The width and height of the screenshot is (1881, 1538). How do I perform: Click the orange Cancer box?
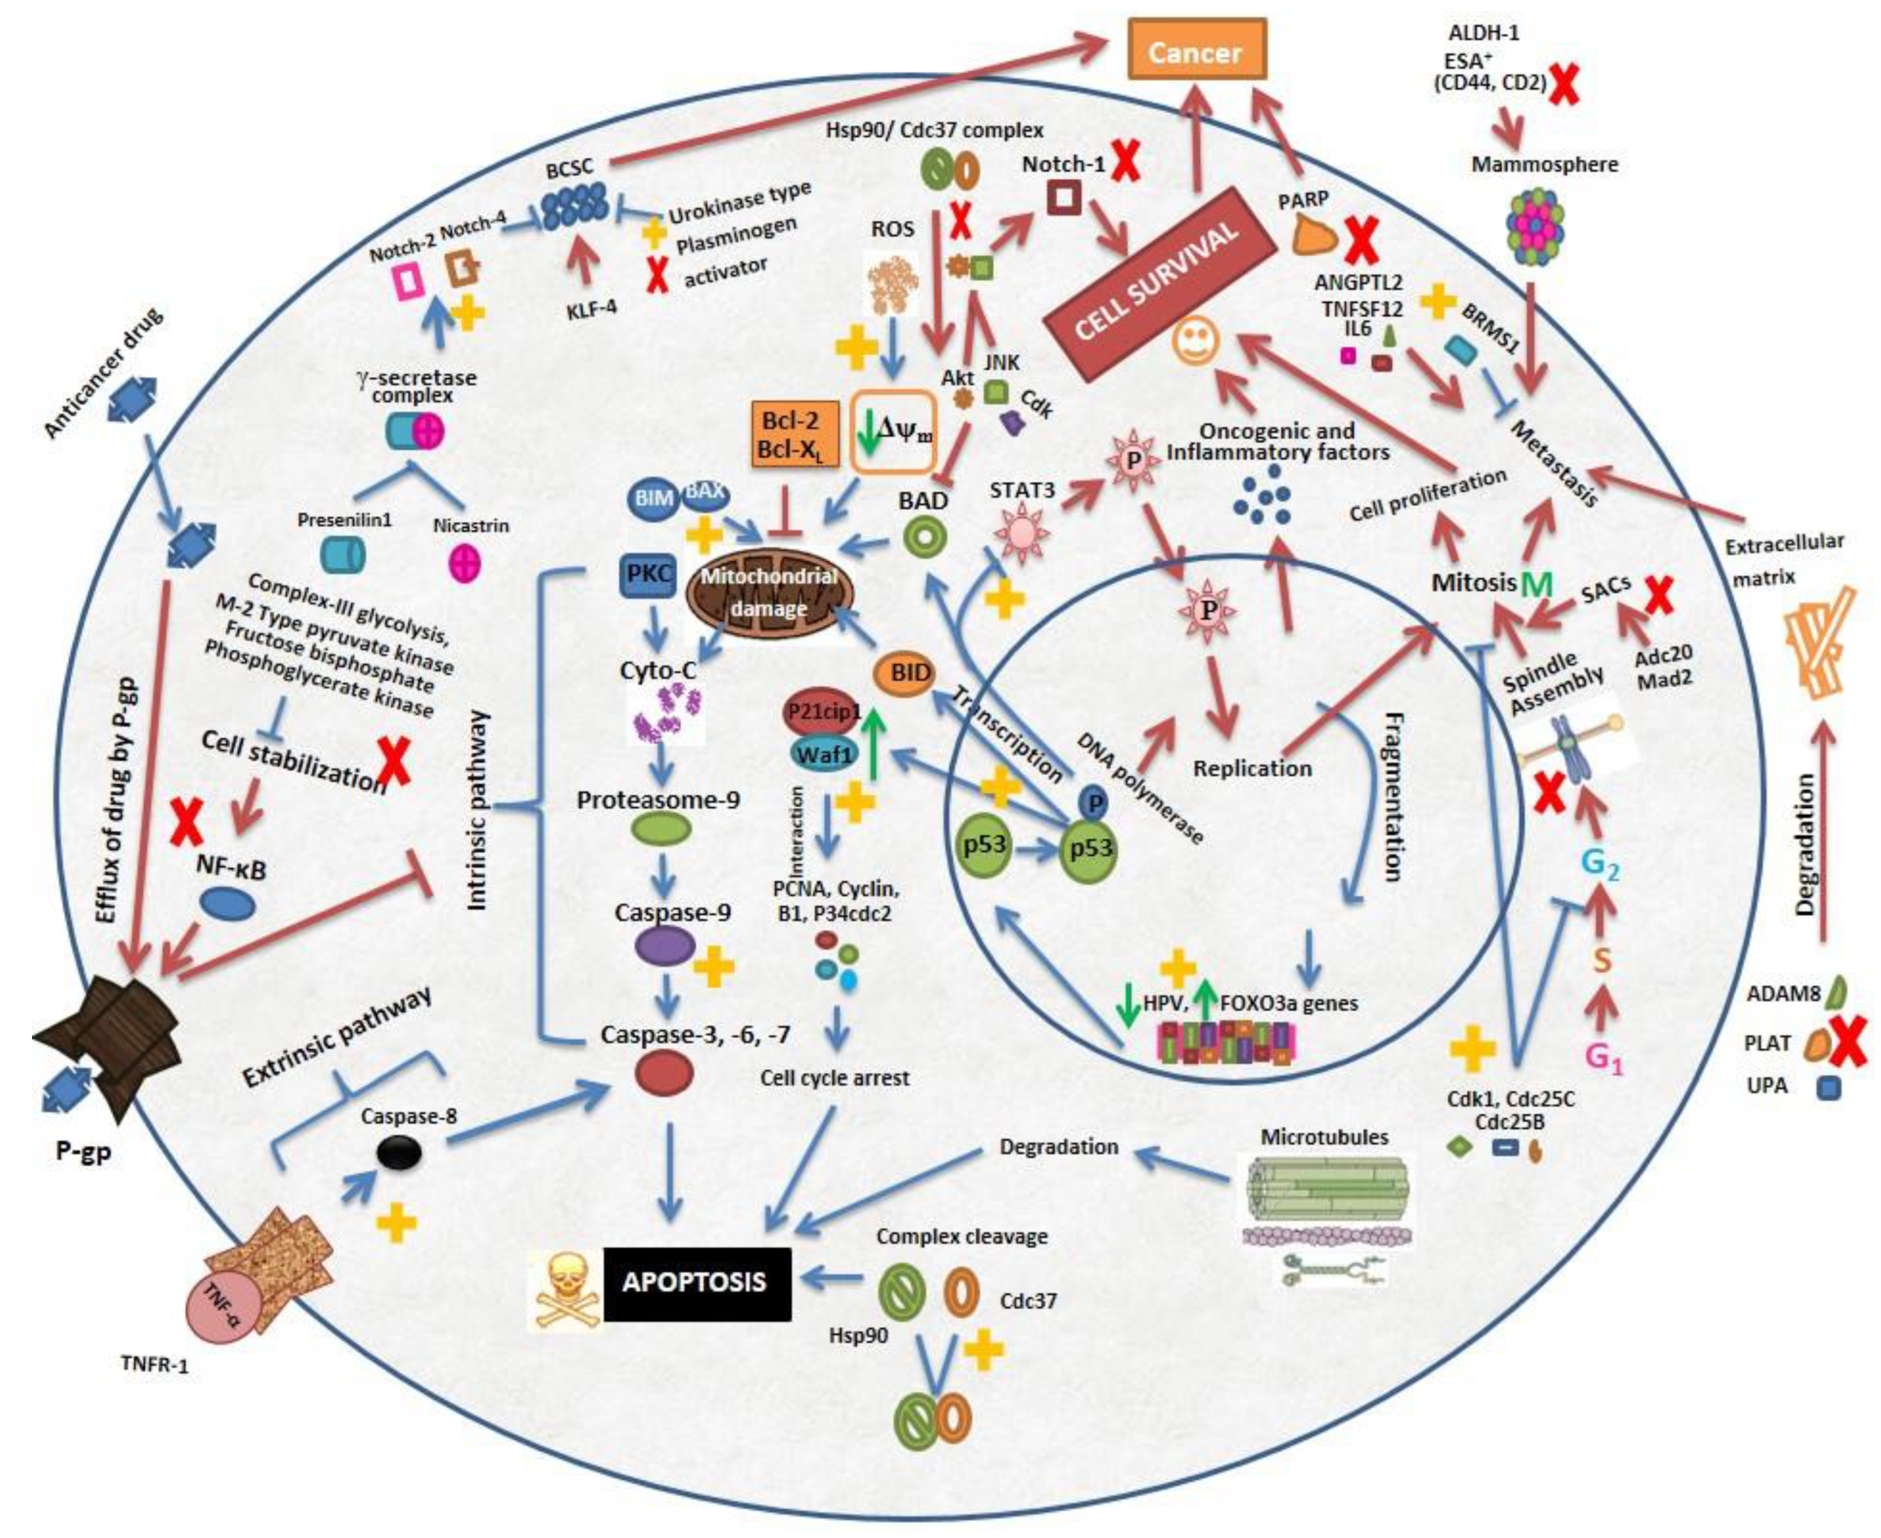pyautogui.click(x=1195, y=53)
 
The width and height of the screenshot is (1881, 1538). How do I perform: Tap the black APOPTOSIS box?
pyautogui.click(x=697, y=1283)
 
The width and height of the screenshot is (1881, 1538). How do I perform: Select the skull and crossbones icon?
pyautogui.click(x=565, y=1290)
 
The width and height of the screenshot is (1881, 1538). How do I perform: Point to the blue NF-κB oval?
pyautogui.click(x=228, y=903)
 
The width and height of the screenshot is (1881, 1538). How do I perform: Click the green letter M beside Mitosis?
pyautogui.click(x=1537, y=585)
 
